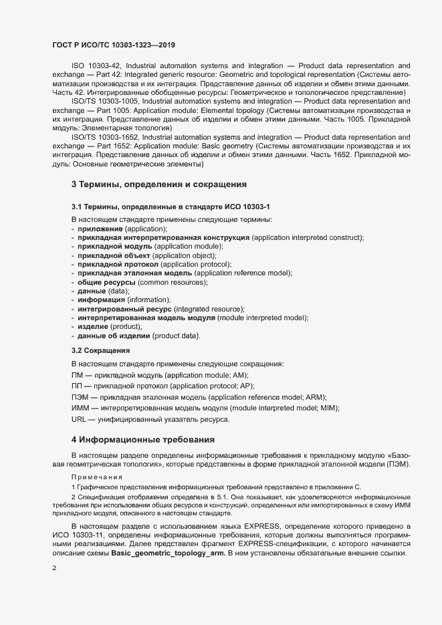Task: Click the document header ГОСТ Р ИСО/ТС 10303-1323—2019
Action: click(x=114, y=44)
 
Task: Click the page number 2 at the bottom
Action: click(x=54, y=568)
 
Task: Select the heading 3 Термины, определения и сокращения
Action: click(x=159, y=184)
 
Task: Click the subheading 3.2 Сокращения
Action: click(x=100, y=350)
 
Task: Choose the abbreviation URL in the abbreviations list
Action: click(x=78, y=419)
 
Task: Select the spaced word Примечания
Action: click(x=97, y=477)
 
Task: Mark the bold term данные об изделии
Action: click(x=114, y=336)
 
